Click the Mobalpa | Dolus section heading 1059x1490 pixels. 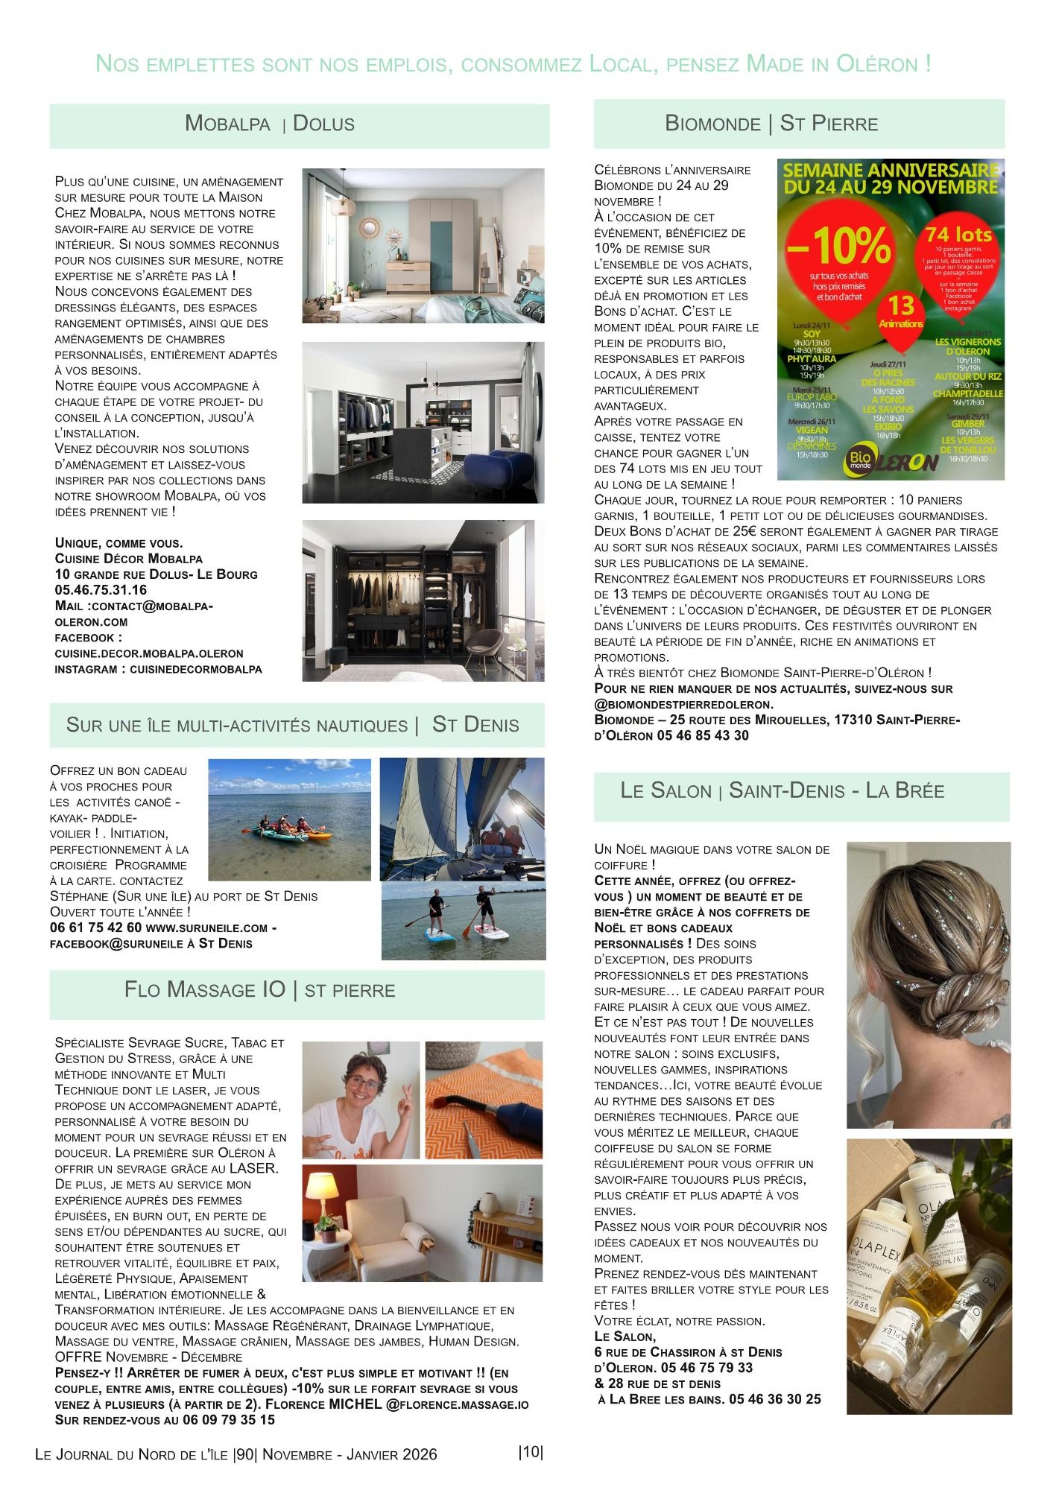coord(269,124)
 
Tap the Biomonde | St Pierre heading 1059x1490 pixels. coord(771,124)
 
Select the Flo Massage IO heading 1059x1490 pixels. coord(259,989)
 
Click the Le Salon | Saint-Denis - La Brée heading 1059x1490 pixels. coord(783,790)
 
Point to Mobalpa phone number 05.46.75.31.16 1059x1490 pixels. coord(101,590)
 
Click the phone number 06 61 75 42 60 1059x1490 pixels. coord(95,928)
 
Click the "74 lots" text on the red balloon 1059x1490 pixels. coord(958,235)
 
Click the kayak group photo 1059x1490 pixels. coord(289,819)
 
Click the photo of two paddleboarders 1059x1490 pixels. coord(463,922)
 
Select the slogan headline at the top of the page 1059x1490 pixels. coord(514,64)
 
